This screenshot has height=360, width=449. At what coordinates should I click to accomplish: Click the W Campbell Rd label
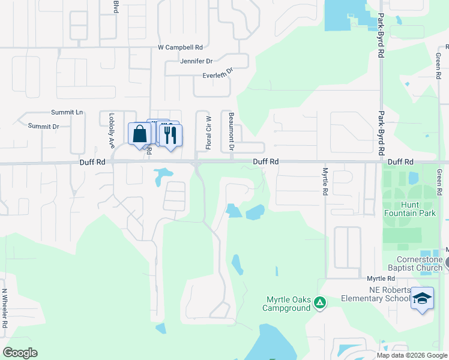180,47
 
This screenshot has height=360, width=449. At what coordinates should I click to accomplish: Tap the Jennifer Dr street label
196,61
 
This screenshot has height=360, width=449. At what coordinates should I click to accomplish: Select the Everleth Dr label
217,75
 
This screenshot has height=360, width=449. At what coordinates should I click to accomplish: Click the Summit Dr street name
43,127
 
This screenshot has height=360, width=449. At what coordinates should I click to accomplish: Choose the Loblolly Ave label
112,131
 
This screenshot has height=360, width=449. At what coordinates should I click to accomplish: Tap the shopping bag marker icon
139,133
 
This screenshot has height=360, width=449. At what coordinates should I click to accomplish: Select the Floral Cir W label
209,131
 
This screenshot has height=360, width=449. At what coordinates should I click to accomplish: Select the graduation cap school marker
422,298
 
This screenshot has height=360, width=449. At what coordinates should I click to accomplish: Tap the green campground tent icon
320,304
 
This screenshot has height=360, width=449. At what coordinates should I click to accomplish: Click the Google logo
20,353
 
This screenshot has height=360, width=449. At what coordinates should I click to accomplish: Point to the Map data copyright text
412,355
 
